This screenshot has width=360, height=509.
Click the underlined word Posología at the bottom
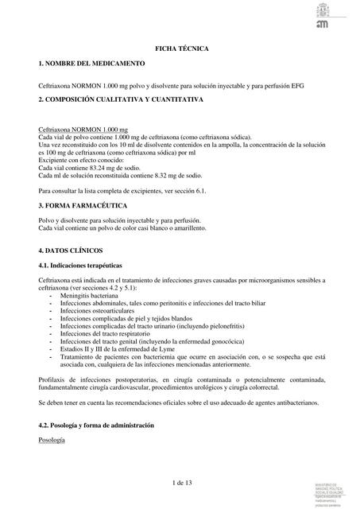[52, 440]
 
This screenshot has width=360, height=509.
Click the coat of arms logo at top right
[327, 14]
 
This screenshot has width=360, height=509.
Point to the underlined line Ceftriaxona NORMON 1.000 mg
[83, 129]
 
